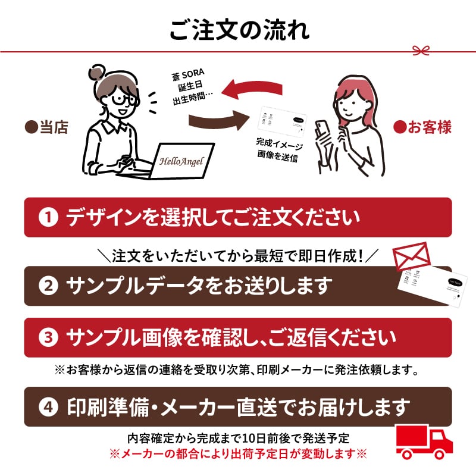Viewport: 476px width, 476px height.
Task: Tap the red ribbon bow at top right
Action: point(422,50)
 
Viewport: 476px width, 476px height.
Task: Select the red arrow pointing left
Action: point(256,89)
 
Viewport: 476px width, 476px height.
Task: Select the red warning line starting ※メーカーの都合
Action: point(237,453)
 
